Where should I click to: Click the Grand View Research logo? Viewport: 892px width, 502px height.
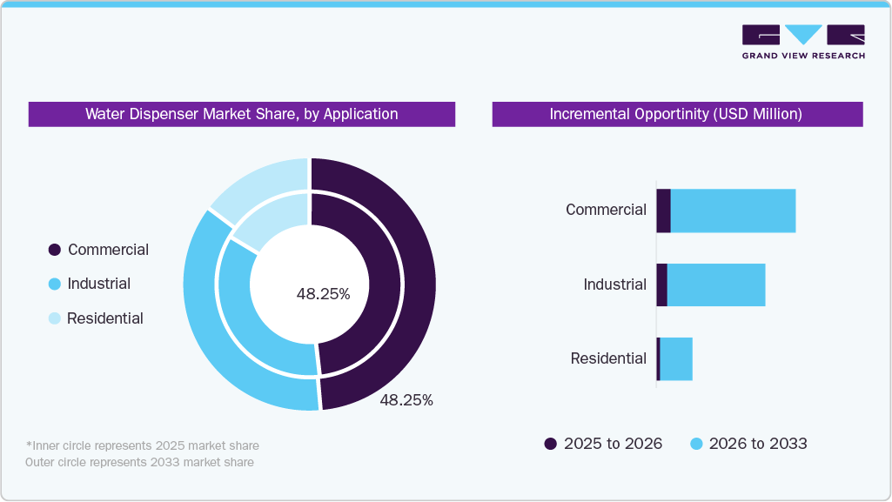802,42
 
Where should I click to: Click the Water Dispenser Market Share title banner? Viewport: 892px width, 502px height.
241,114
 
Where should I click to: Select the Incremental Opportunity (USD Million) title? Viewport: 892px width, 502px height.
676,114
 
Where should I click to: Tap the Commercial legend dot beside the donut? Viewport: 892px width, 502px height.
55,251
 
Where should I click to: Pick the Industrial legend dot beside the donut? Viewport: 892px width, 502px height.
55,284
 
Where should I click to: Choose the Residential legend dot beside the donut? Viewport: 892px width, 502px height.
55,318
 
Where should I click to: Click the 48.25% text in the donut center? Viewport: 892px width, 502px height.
323,294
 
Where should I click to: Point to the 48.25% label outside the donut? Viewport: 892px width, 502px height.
406,400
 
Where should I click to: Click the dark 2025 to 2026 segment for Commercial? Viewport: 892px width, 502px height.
663,211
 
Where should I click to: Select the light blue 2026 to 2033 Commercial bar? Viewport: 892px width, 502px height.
733,211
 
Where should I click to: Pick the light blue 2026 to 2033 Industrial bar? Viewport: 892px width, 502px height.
715,284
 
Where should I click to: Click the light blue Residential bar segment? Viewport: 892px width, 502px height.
676,358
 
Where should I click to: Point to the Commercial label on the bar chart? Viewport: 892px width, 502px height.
606,210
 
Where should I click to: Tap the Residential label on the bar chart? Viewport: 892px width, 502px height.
608,358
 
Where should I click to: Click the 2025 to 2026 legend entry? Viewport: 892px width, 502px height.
603,444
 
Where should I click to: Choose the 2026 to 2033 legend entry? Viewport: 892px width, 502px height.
748,444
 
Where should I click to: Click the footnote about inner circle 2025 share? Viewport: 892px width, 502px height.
143,445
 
